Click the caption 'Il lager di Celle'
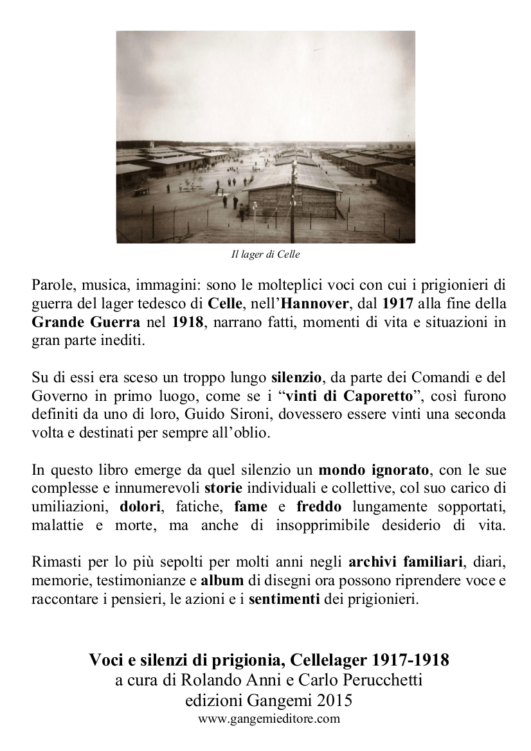point(265,254)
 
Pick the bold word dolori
point(139,508)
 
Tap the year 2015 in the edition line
point(329,701)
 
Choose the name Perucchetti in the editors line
point(379,680)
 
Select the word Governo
point(55,394)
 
